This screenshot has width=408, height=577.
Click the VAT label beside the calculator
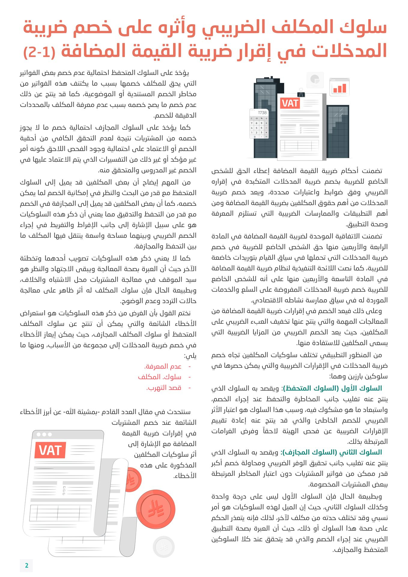click(290, 103)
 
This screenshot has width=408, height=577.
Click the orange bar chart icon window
click(339, 87)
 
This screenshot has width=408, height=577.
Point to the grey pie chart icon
click(315, 80)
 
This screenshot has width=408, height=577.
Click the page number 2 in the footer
click(26, 565)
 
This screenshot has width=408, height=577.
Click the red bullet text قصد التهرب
click(164, 388)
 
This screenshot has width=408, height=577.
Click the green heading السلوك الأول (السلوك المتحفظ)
click(333, 388)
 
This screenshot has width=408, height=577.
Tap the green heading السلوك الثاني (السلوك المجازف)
click(331, 452)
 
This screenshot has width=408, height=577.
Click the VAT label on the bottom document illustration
click(50, 450)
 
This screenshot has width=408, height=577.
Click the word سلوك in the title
click(363, 28)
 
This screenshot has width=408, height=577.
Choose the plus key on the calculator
click(266, 132)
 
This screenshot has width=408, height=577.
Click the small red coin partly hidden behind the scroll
click(132, 480)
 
